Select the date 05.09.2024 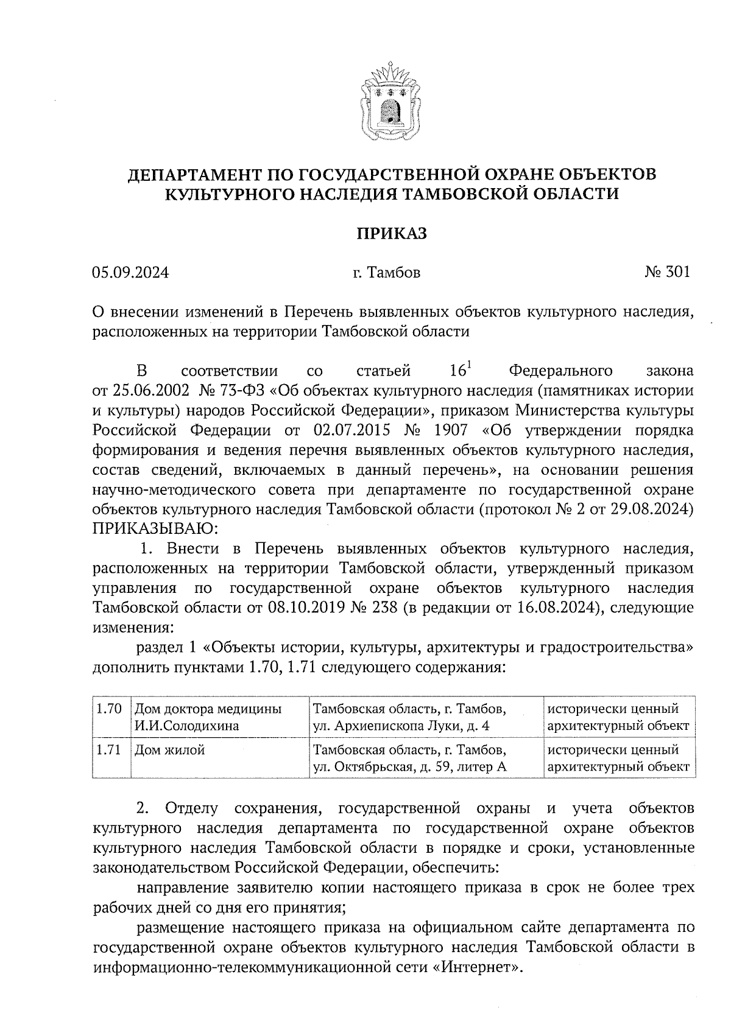click(130, 272)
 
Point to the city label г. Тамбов click(386, 272)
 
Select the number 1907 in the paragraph click(451, 430)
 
